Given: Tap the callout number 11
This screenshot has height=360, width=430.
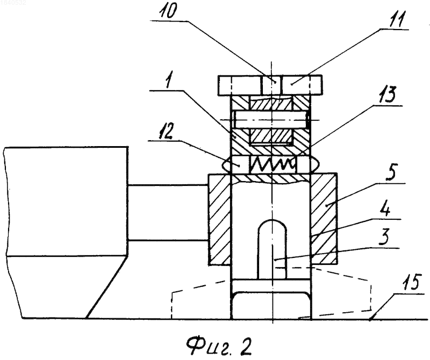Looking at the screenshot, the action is (397, 19).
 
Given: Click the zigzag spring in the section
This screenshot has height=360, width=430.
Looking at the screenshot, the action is (273, 165).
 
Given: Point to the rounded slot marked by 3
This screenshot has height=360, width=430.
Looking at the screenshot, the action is (272, 249).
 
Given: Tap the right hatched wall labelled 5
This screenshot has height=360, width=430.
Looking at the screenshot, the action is (324, 219).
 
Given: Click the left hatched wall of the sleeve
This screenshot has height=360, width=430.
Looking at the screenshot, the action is (220, 220).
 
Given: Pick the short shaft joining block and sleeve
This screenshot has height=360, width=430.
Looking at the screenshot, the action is (168, 213).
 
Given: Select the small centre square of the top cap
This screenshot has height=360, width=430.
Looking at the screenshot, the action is (271, 85).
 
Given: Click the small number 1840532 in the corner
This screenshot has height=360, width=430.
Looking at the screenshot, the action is (13, 3).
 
